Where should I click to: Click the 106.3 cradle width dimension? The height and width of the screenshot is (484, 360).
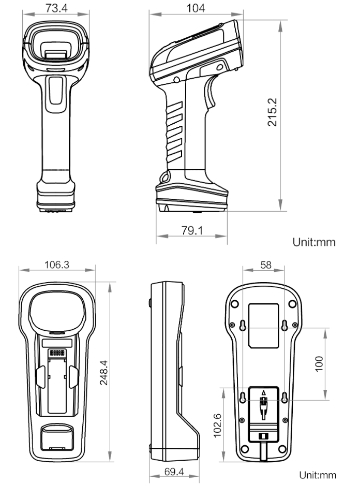tap(57, 266)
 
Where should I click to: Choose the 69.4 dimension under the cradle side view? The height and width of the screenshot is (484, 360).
tap(174, 473)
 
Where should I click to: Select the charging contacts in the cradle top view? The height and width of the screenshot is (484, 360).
tap(57, 353)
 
